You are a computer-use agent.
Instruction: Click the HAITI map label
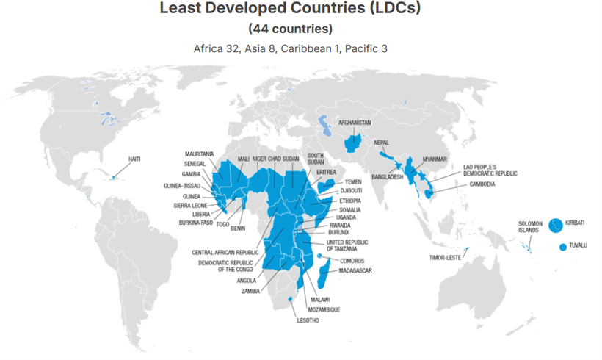134,159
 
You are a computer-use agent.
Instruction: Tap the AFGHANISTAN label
355,122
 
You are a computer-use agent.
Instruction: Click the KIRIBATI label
576,223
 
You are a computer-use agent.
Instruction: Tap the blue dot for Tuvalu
563,247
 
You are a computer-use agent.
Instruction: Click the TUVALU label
578,247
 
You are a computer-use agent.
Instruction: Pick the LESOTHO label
308,320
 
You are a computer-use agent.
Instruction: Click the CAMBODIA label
478,184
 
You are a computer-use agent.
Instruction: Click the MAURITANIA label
200,154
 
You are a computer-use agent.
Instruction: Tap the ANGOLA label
246,280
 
